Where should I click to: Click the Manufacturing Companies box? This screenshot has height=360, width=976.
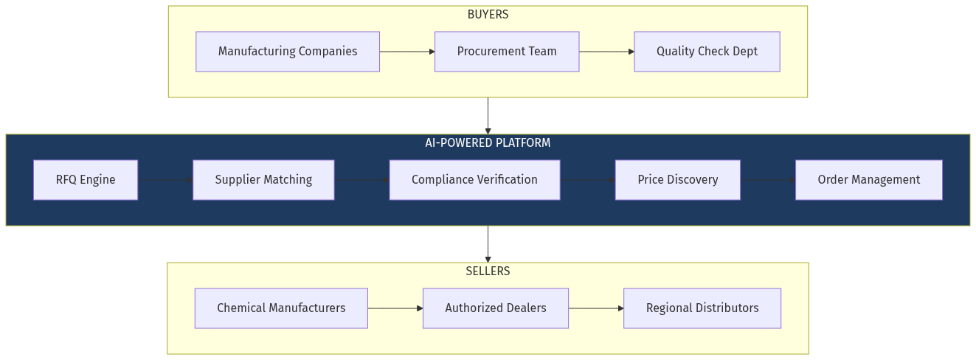[x=288, y=52]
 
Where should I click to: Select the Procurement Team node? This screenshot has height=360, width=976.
[x=507, y=52]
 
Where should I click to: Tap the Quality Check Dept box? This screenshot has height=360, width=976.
[x=707, y=52]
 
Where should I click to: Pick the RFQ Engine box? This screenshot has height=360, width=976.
[x=86, y=180]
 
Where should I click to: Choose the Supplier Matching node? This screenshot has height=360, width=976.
[x=263, y=180]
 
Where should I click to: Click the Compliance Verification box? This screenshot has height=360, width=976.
[x=474, y=180]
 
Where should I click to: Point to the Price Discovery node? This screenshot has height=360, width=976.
[x=677, y=180]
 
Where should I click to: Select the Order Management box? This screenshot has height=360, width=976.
[x=868, y=180]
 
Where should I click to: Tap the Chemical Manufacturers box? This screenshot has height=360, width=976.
[x=281, y=308]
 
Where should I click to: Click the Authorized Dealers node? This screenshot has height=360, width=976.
[x=496, y=308]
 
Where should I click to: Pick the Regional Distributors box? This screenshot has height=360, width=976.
[x=702, y=308]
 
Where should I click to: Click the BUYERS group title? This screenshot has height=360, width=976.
[x=488, y=15]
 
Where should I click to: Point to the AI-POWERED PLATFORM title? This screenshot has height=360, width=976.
[x=488, y=143]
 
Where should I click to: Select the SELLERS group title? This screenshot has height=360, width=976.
[x=488, y=271]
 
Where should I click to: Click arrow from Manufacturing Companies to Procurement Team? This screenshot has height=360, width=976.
[x=407, y=52]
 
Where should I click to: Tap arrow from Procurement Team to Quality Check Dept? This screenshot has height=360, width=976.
[x=606, y=52]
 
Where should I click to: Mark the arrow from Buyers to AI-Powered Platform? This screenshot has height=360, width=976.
[x=488, y=116]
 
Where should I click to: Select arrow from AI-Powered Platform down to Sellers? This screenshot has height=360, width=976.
[x=488, y=244]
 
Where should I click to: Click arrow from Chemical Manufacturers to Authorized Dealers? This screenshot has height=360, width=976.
[x=395, y=308]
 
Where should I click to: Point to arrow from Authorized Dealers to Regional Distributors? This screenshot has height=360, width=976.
[x=596, y=308]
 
